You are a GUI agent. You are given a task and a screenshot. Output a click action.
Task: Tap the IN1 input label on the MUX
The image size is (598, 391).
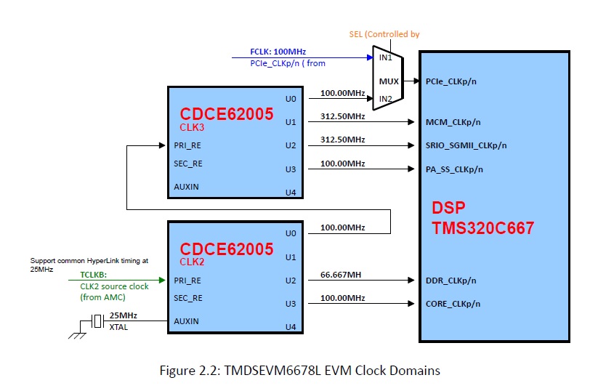click(x=385, y=57)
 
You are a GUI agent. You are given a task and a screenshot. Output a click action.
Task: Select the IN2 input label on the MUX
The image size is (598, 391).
click(x=385, y=98)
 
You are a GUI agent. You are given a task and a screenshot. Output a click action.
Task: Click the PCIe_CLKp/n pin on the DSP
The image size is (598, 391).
click(x=451, y=81)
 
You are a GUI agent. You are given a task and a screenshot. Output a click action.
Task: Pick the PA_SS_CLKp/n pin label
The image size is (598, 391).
click(x=454, y=169)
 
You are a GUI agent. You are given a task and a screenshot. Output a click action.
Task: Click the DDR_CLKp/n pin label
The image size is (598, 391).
click(x=452, y=280)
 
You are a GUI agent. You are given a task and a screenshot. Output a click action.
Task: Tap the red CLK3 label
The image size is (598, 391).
click(x=192, y=126)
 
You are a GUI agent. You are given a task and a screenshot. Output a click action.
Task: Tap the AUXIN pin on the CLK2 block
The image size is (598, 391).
click(x=186, y=321)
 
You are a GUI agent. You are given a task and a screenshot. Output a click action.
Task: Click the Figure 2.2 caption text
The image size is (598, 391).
click(x=299, y=371)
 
